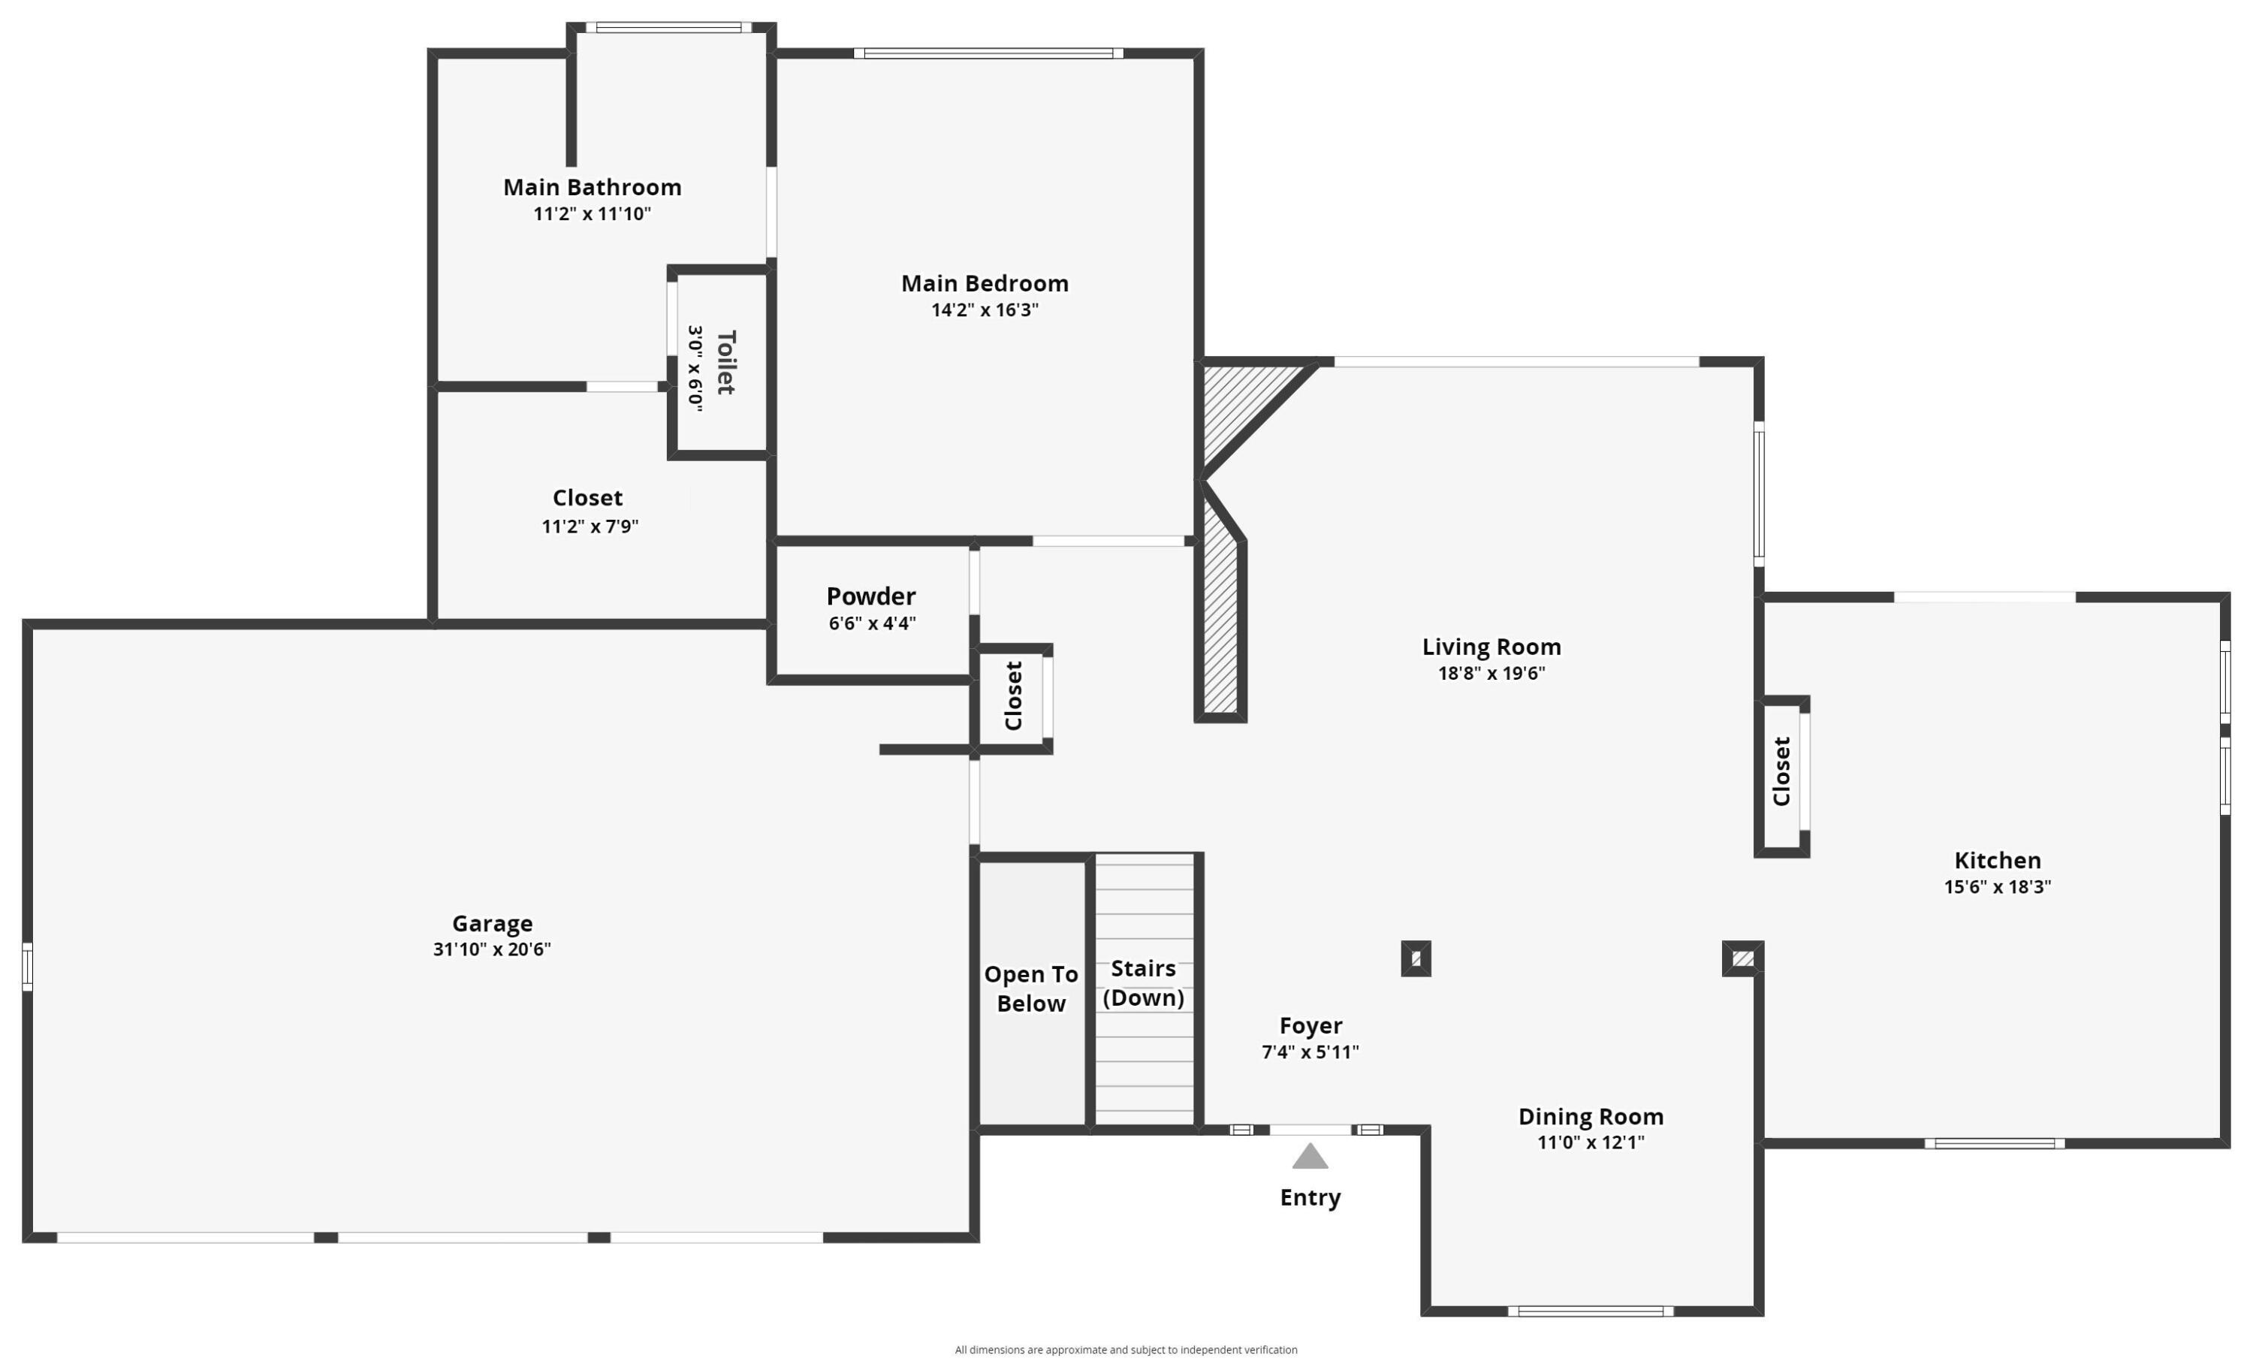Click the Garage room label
(x=492, y=923)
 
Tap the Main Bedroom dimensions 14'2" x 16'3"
(x=985, y=310)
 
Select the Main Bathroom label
(x=592, y=188)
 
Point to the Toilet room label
(x=726, y=362)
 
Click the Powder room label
(x=870, y=596)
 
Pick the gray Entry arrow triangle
(x=1310, y=1157)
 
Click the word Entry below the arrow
(x=1310, y=1197)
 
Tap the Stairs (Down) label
(x=1143, y=983)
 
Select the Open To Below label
(x=1030, y=988)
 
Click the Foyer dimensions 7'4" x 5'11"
(x=1310, y=1052)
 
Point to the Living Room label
(x=1491, y=647)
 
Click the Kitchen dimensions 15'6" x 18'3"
(x=1997, y=886)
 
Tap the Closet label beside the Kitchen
(x=1781, y=771)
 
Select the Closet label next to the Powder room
(x=1013, y=696)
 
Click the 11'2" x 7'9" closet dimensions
(x=590, y=526)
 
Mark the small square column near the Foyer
(x=1416, y=958)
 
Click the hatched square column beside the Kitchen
(x=1742, y=958)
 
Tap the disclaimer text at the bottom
(x=1126, y=1349)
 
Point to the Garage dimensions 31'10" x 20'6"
(x=492, y=949)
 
